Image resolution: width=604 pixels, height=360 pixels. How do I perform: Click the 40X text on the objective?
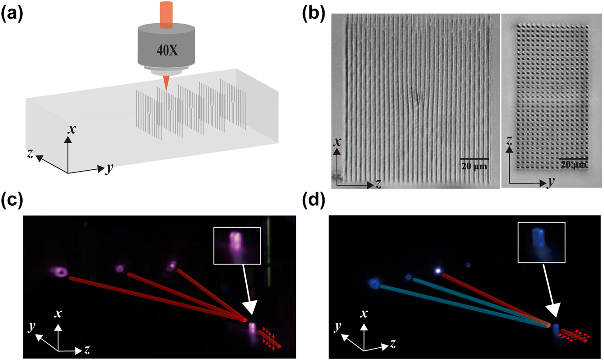click(166, 49)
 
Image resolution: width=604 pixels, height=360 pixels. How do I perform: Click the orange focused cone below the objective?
click(166, 83)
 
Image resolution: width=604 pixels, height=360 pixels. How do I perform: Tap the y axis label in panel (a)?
click(109, 170)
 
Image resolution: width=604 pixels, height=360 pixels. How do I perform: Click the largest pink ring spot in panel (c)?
click(61, 272)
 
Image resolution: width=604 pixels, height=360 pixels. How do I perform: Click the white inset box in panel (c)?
click(237, 245)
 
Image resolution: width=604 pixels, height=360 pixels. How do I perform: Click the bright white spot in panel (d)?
click(438, 270)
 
